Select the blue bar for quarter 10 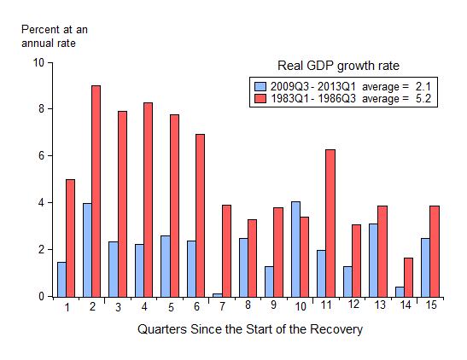click(x=295, y=249)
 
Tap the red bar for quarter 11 click(x=330, y=223)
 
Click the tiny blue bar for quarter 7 click(x=218, y=295)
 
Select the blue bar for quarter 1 click(x=61, y=279)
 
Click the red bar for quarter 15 click(x=435, y=251)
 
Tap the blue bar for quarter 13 click(x=373, y=260)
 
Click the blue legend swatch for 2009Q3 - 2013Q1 click(x=260, y=86)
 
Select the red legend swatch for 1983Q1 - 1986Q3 click(x=260, y=99)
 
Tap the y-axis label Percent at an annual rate click(x=54, y=36)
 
